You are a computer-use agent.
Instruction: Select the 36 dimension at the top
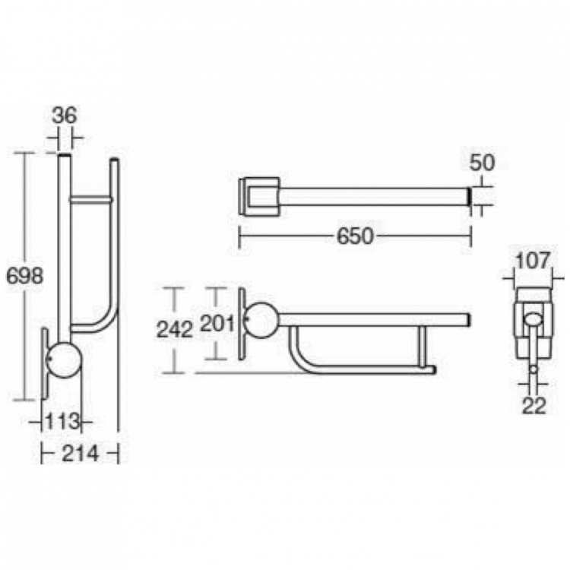click(x=65, y=116)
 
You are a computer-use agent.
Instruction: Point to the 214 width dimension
click(x=80, y=454)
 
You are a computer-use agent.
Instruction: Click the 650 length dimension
click(x=355, y=236)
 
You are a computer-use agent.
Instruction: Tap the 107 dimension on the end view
click(x=532, y=260)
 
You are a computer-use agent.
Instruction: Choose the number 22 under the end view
click(x=534, y=406)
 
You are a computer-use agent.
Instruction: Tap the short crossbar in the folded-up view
click(x=91, y=199)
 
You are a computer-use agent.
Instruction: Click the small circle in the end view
click(x=534, y=369)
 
